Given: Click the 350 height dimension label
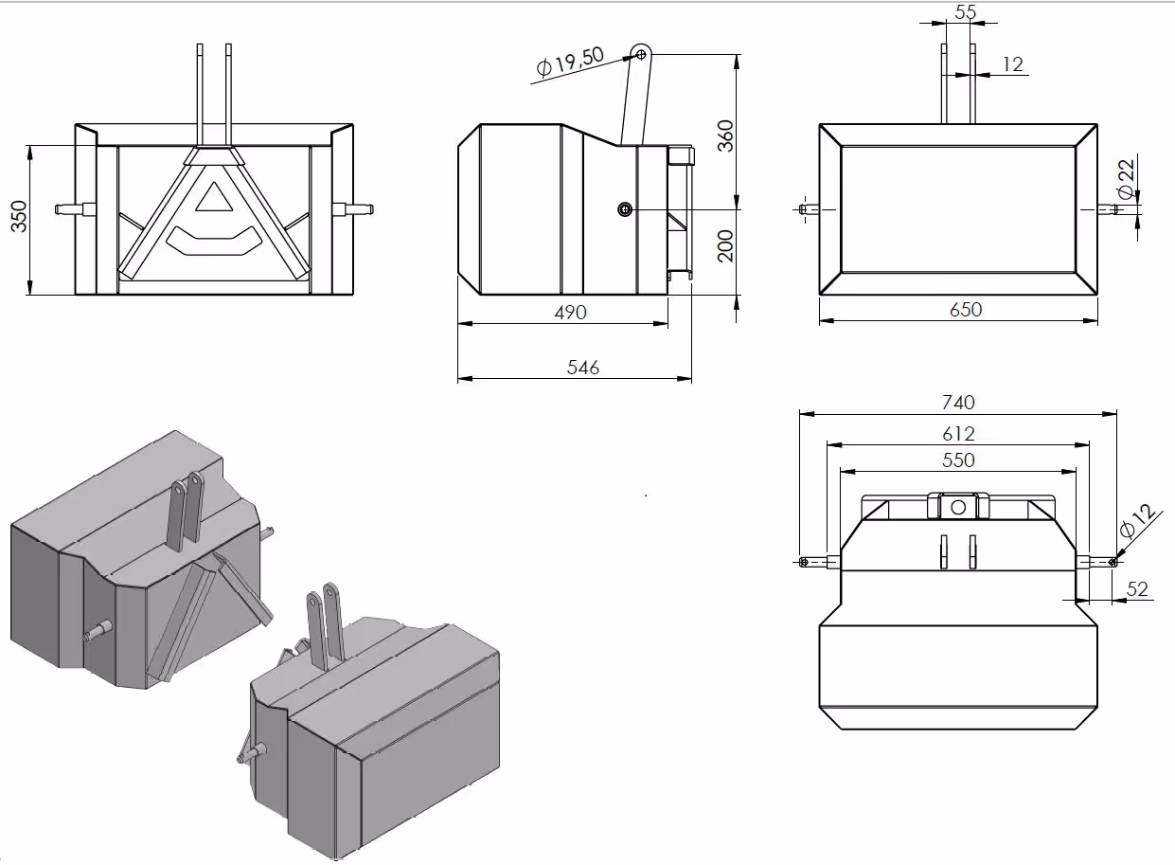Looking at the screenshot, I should [x=18, y=220].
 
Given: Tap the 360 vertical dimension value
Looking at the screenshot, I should [x=725, y=137].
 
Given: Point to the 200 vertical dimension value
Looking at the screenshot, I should [x=725, y=245].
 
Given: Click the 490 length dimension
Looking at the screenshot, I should [x=570, y=312].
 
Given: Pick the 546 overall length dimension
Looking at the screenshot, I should [x=582, y=368].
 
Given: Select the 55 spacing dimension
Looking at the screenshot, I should [x=965, y=12].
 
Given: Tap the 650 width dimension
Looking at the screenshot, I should [x=965, y=310].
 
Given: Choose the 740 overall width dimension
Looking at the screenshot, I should [x=958, y=402].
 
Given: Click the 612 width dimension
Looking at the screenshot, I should [x=958, y=434].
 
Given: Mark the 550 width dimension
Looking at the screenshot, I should [x=958, y=460].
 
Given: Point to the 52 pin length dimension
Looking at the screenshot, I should [x=1137, y=589].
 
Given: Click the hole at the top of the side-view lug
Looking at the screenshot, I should [x=641, y=55].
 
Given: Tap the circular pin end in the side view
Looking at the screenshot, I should [x=625, y=209].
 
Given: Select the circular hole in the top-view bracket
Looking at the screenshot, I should [x=958, y=507].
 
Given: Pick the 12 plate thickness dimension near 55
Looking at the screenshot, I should [x=1012, y=64].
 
